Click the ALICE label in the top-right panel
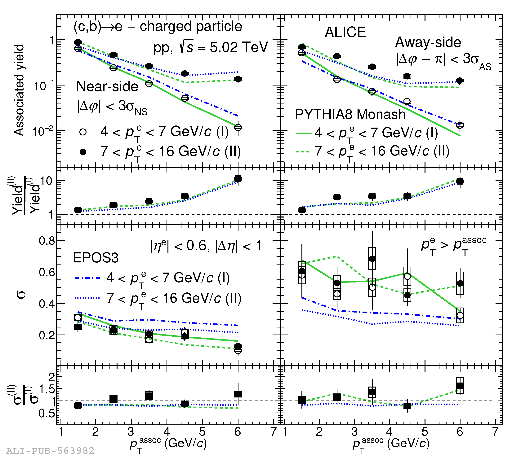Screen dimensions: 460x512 pos(345,32)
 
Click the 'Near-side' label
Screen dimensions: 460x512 pos(107,86)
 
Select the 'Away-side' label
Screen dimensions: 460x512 pos(428,42)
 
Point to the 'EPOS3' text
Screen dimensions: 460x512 pos(96,258)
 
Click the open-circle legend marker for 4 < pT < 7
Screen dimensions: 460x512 pos(83,132)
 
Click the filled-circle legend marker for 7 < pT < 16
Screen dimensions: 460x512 pos(83,152)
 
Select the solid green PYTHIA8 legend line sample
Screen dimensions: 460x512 pos(303,133)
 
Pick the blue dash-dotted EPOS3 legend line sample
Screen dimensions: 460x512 pos(87,278)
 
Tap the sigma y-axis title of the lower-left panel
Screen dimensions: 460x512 pos(21,294)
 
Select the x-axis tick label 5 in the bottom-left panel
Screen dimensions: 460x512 pos(202,432)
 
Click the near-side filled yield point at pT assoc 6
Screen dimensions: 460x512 pos(238,79)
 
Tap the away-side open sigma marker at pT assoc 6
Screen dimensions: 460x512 pos(460,315)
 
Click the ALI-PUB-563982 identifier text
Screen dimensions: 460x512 pos(50,450)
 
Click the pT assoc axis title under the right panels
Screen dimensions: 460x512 pos(391,444)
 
